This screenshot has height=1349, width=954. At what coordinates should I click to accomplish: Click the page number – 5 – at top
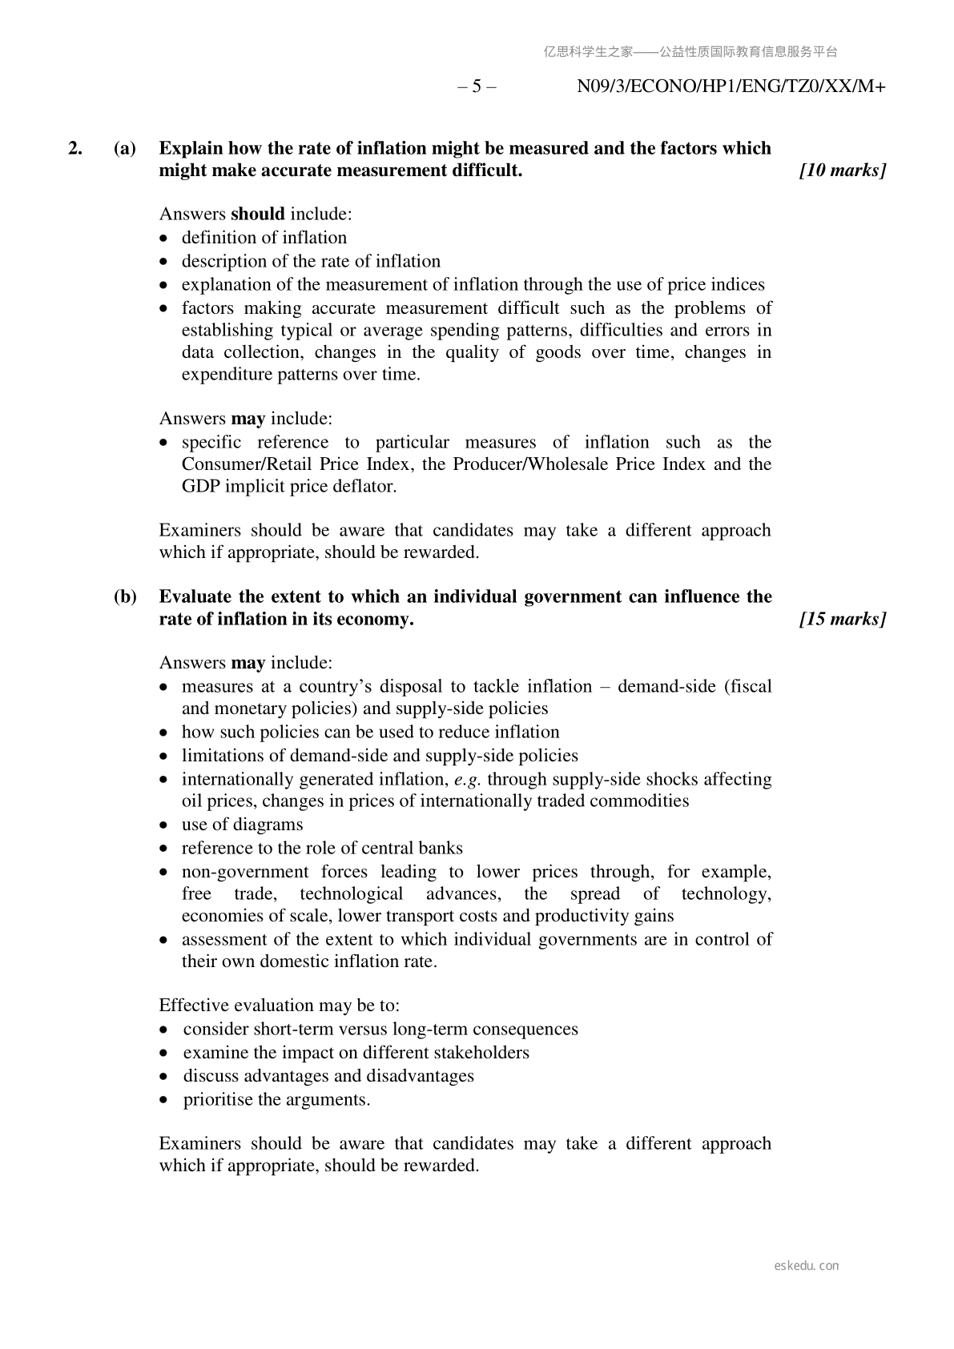477,86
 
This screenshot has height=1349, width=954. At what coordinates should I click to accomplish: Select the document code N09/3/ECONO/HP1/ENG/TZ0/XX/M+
731,86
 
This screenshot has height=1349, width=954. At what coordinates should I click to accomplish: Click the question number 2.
75,148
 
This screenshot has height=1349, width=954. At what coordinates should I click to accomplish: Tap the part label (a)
124,148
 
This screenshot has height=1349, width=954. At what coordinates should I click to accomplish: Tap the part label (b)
124,596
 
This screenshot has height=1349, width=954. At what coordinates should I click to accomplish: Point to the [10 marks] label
843,171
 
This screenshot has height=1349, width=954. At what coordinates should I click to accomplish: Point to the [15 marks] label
843,619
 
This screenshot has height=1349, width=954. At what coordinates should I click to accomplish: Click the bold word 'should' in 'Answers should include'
257,214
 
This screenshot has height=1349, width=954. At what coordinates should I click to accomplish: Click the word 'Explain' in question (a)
191,148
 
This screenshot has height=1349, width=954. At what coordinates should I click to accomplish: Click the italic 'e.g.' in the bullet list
468,779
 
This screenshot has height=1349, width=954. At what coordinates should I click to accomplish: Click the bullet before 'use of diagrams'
164,825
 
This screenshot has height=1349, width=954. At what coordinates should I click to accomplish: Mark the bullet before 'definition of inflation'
164,239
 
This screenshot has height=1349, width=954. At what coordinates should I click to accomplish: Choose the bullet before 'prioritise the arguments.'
164,1101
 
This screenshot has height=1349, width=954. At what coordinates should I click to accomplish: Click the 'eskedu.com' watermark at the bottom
807,1266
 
